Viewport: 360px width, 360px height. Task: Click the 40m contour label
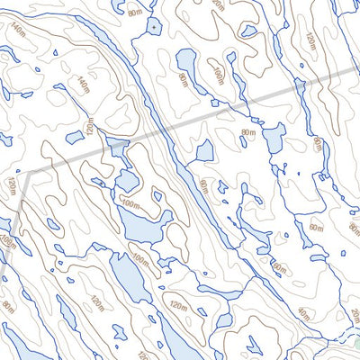(302, 314)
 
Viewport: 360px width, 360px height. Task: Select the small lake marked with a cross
(154, 28)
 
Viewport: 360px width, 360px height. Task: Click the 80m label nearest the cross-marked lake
(135, 13)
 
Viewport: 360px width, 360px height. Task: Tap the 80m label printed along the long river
(203, 187)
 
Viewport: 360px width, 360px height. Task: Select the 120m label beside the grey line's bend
(12, 186)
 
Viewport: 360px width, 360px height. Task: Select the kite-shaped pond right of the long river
(204, 150)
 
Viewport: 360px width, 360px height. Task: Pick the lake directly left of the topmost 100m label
(187, 64)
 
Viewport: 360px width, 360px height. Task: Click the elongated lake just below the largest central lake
(127, 279)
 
